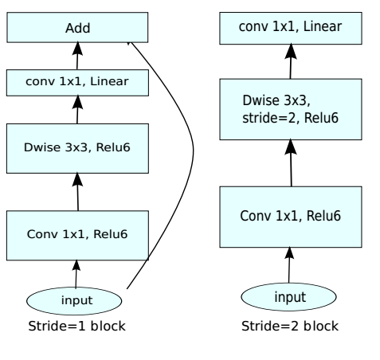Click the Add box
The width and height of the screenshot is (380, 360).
coord(77,27)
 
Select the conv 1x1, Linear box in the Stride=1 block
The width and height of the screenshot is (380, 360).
coord(77,83)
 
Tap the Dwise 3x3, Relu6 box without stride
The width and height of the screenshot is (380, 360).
coord(77,148)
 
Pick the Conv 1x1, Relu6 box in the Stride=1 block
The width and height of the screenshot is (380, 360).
coord(77,236)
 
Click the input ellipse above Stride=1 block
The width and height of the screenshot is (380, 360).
coord(74,301)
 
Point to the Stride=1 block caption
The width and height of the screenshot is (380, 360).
coord(76,326)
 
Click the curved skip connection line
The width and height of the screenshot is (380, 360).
coord(193,151)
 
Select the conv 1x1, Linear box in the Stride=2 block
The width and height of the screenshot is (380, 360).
coord(291,28)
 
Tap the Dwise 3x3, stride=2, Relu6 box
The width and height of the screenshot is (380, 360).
coord(291,109)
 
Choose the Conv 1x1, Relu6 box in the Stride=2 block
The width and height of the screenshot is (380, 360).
coord(291,217)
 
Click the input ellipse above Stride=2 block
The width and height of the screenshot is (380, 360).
coord(288,297)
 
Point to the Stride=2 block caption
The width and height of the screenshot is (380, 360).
coord(290,326)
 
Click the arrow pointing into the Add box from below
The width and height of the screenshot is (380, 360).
coord(77,56)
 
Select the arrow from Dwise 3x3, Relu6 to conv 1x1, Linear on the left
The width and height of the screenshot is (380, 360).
coord(77,110)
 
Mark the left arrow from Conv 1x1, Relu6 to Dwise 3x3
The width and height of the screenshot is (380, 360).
coord(78,192)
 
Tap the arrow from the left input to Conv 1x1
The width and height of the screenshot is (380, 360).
coord(76,274)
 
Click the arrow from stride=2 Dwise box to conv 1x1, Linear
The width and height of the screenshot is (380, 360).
coord(291,61)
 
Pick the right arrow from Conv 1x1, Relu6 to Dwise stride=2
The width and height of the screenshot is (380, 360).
coord(291,163)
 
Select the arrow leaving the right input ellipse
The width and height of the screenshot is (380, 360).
coord(289,265)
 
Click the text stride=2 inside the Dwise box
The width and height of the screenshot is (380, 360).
coord(268,118)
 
